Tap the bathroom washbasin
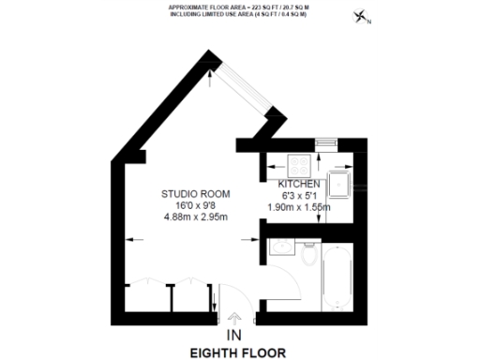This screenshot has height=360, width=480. (x=277, y=247)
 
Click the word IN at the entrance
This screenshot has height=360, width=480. (x=233, y=336)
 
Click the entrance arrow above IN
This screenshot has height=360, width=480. (x=233, y=320)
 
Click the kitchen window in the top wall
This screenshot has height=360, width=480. (x=325, y=143)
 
